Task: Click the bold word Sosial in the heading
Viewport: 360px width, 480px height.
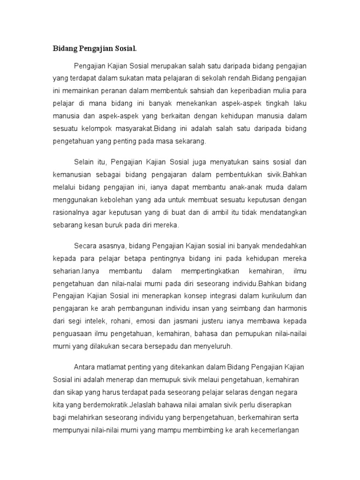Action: click(127, 49)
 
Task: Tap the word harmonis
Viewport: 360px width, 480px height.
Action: click(291, 308)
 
